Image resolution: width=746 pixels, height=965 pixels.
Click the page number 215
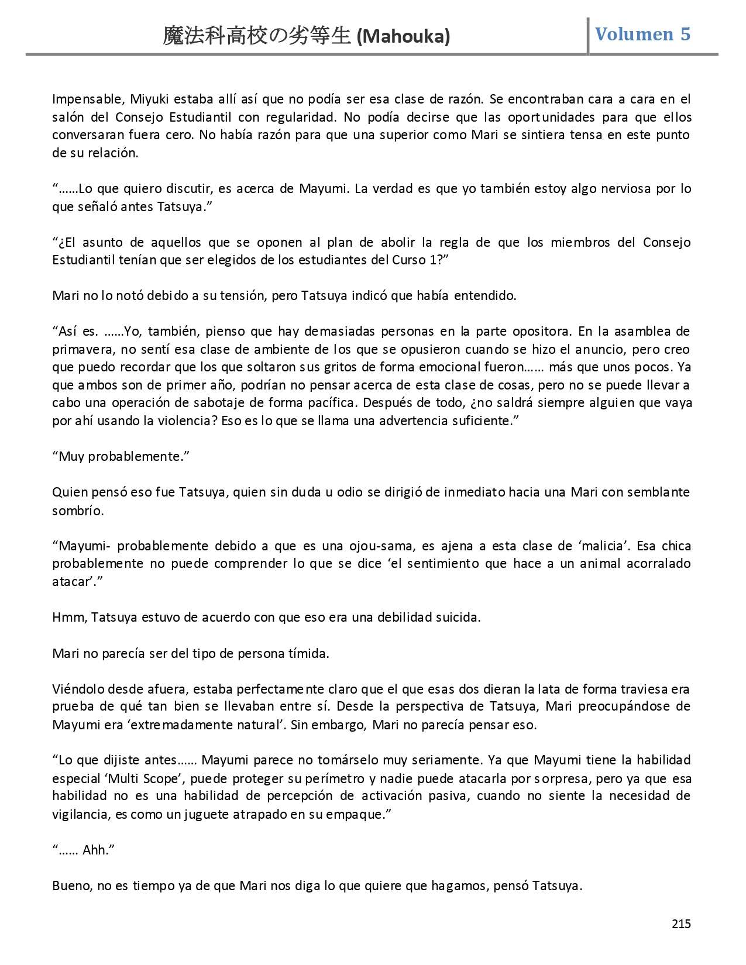coord(681,924)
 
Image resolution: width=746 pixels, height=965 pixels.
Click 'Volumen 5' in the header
coord(642,34)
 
